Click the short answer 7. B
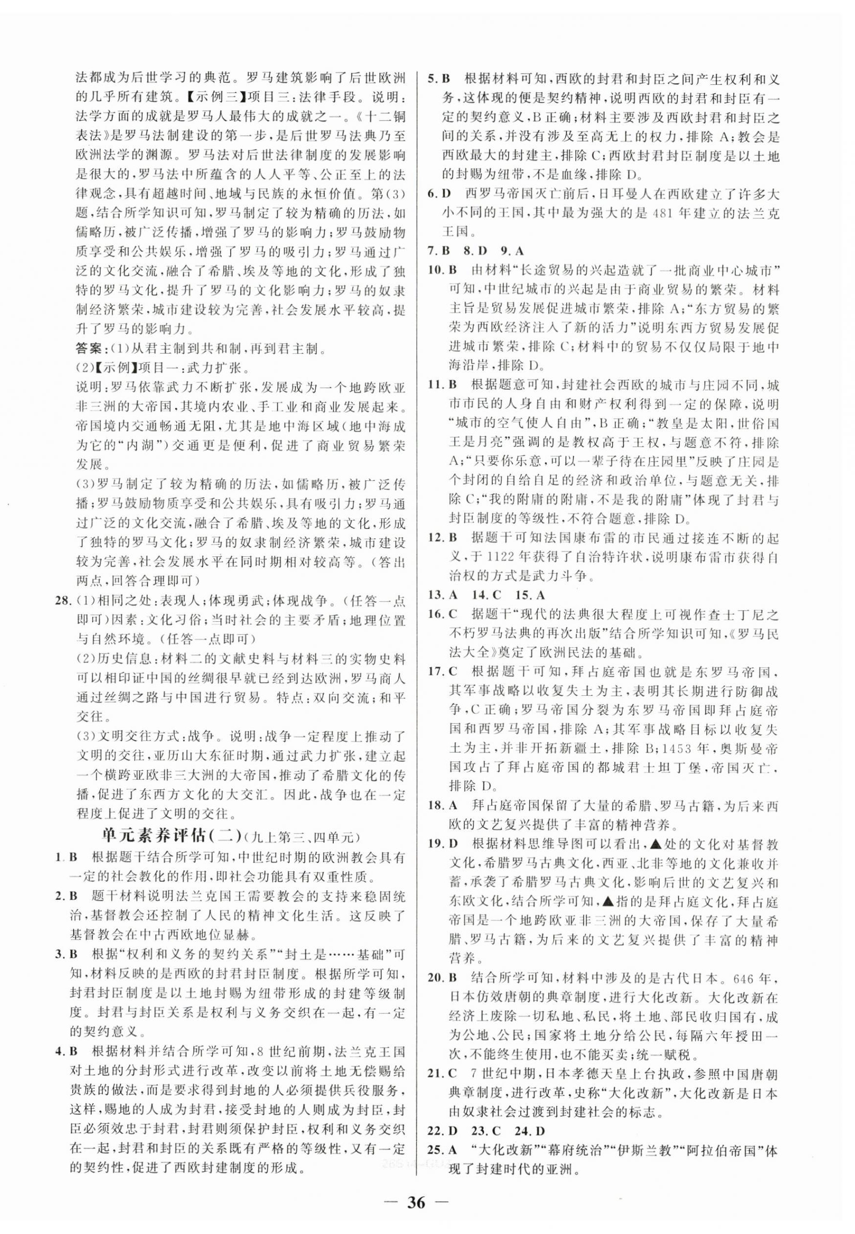440,250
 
